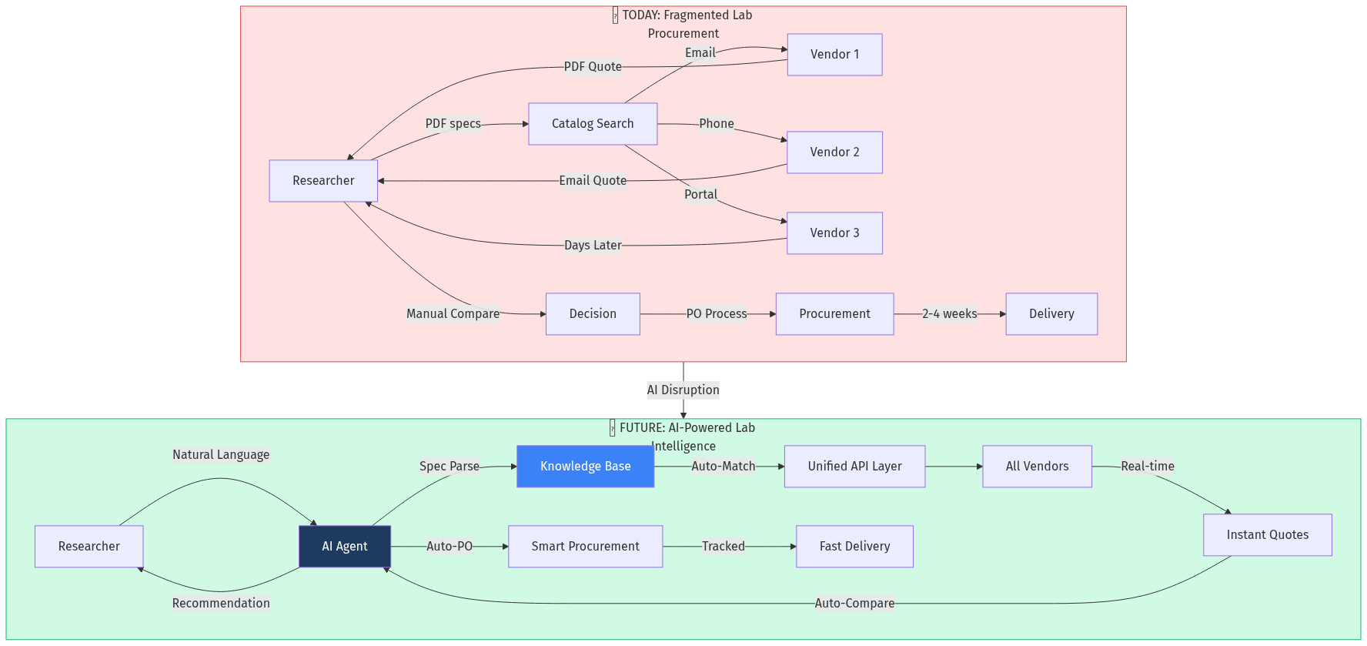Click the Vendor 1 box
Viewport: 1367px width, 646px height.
pos(834,55)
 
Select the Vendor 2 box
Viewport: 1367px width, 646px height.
pos(834,152)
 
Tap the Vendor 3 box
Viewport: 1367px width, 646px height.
pos(834,233)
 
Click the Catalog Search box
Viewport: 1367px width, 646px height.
pos(593,124)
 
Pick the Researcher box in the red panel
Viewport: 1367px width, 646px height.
pos(323,181)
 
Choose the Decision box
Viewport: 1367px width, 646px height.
pos(593,314)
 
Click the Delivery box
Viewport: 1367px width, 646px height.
pos(1051,314)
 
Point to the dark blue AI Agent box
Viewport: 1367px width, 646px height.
pos(345,547)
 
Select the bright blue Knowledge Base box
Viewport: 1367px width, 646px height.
pos(585,467)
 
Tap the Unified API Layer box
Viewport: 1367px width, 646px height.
pos(854,467)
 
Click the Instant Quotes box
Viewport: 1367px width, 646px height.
pos(1267,535)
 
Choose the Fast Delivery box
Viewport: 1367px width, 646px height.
pos(854,547)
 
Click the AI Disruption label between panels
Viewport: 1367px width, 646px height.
pos(683,390)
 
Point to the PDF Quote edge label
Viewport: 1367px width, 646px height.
pos(593,67)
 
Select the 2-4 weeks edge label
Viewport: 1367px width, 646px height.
pos(949,314)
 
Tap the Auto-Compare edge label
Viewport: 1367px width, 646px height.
pos(854,604)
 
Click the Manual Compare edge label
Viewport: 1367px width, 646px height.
pos(453,314)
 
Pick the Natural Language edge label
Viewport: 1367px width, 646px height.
pos(221,455)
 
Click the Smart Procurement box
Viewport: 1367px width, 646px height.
pos(585,547)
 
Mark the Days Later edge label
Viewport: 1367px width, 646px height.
pos(593,246)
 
